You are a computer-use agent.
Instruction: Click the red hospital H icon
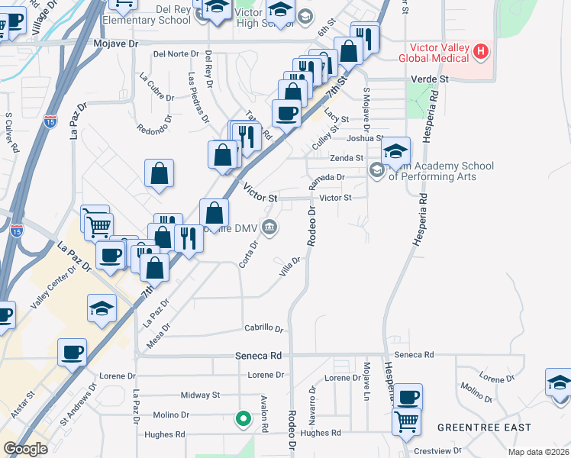[480, 52]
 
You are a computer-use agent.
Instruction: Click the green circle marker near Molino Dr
[243, 418]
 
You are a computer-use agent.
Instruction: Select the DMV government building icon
[269, 227]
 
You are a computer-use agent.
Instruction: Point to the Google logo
[25, 449]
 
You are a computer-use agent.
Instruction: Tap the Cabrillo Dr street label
[264, 328]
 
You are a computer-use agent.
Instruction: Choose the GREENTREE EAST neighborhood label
[484, 427]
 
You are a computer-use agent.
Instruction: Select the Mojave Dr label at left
[115, 44]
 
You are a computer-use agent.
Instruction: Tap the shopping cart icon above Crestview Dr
[407, 420]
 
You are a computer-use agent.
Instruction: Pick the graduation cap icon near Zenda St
[395, 151]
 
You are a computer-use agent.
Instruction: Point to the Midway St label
[200, 395]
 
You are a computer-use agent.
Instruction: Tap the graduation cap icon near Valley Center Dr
[102, 308]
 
